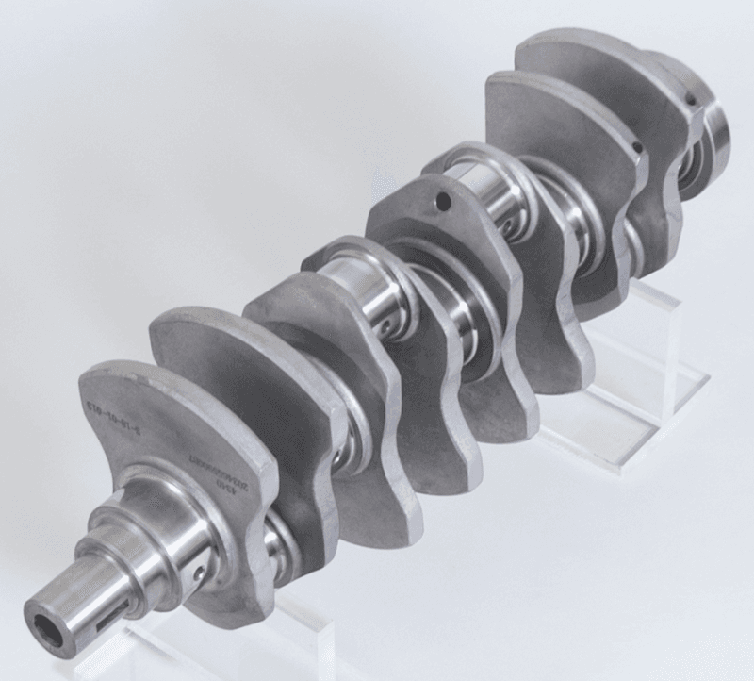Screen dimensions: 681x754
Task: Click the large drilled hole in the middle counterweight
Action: point(442,200)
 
